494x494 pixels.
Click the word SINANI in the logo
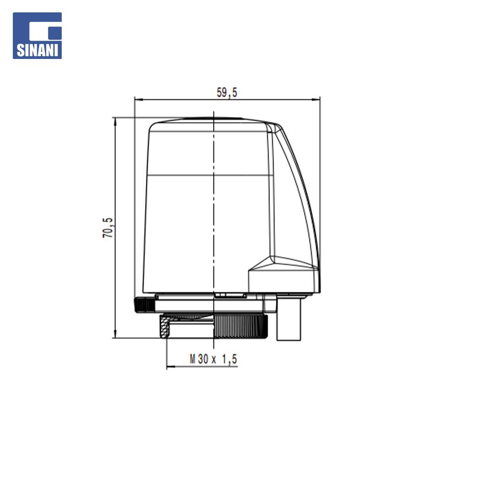[38, 50]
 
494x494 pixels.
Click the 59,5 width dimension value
[227, 92]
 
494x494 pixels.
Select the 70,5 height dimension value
[108, 227]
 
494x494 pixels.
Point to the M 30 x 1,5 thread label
[213, 359]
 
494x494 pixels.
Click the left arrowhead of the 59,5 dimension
[139, 100]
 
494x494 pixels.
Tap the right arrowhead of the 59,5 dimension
[316, 100]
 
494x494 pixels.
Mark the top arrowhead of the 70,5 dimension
[115, 122]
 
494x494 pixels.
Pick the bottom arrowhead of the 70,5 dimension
[115, 333]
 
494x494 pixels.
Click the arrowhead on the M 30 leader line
[171, 366]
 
